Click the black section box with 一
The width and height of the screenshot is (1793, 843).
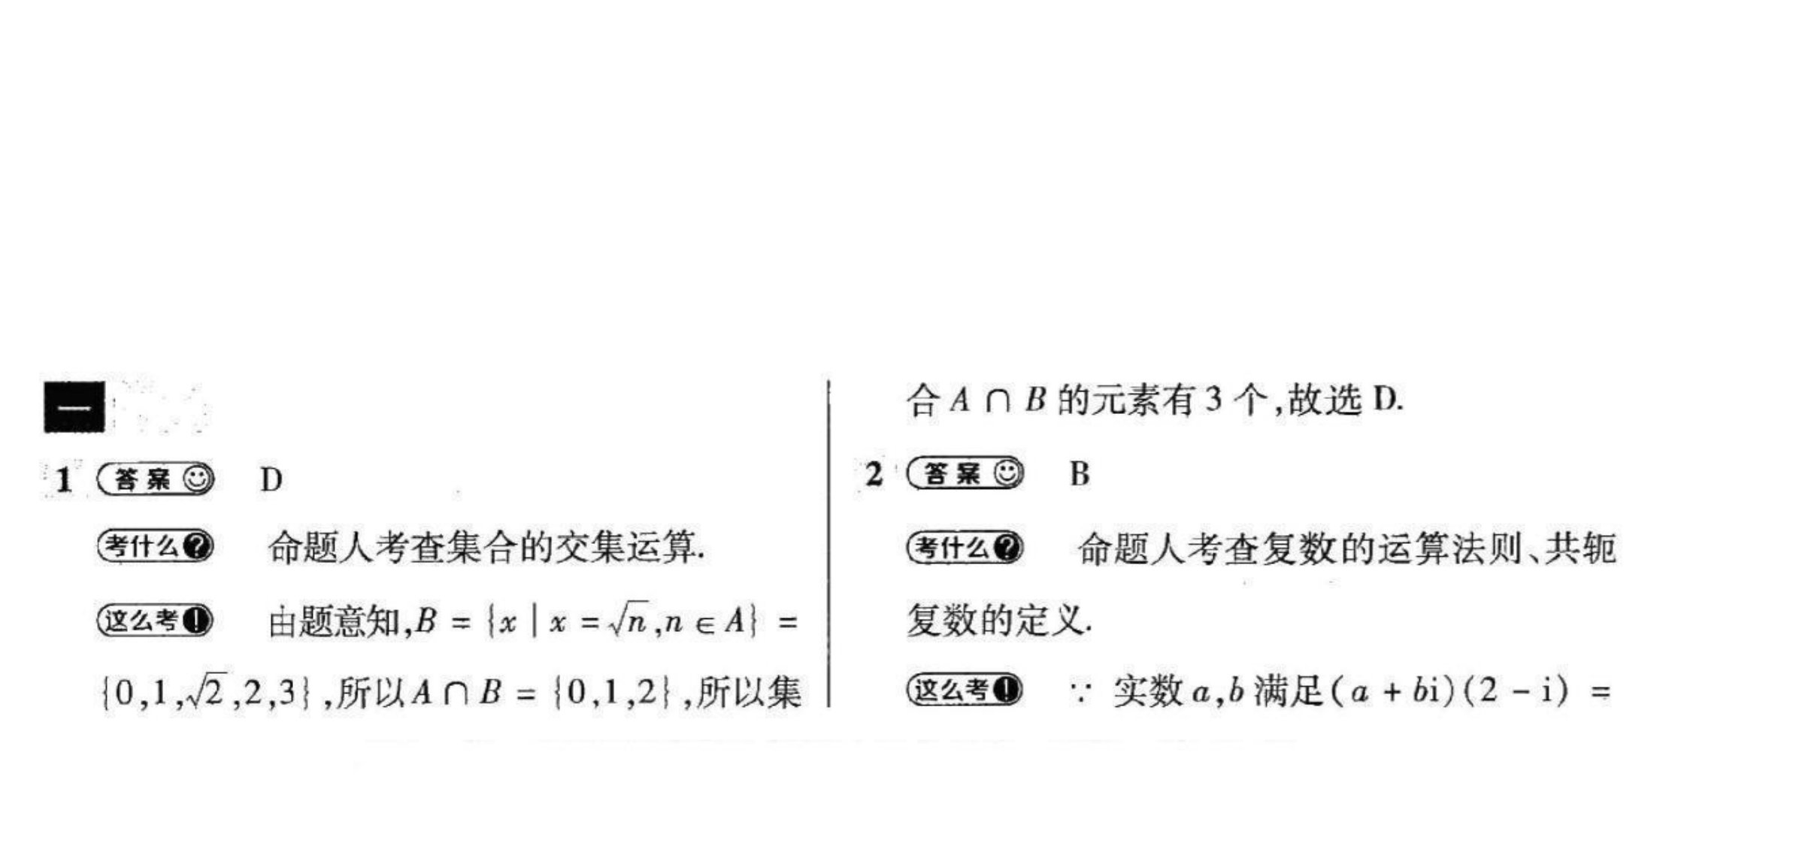[x=74, y=407]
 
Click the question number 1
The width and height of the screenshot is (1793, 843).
[x=65, y=479]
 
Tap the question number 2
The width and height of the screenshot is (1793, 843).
[x=874, y=474]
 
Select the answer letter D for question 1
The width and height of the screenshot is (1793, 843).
[x=271, y=479]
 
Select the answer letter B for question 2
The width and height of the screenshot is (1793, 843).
[x=1080, y=474]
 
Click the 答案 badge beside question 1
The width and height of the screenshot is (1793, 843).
[x=156, y=479]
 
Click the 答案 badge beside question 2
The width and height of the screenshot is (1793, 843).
[x=965, y=474]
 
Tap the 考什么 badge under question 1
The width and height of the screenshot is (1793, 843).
[x=156, y=546]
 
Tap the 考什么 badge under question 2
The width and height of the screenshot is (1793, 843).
[x=965, y=547]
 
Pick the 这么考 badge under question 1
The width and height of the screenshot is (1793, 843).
[x=156, y=621]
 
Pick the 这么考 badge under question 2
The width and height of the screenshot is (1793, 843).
[x=965, y=689]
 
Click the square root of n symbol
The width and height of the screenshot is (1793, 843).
[x=628, y=621]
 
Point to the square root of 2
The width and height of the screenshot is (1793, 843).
[x=204, y=692]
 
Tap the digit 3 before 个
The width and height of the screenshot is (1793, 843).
[x=1213, y=400]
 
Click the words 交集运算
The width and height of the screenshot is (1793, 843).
[x=625, y=547]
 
